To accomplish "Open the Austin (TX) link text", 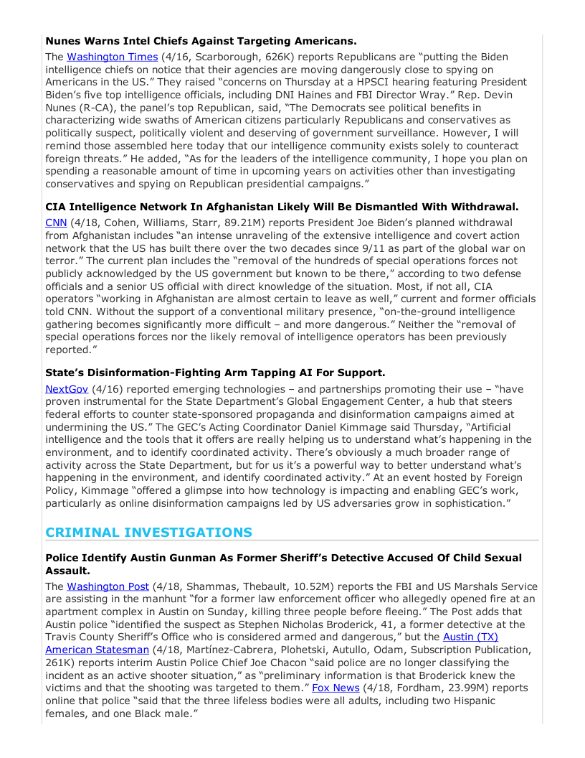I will [470, 637].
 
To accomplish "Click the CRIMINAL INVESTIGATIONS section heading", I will [148, 533].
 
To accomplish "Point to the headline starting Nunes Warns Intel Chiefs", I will [201, 41].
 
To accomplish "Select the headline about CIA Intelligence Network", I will [282, 207].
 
